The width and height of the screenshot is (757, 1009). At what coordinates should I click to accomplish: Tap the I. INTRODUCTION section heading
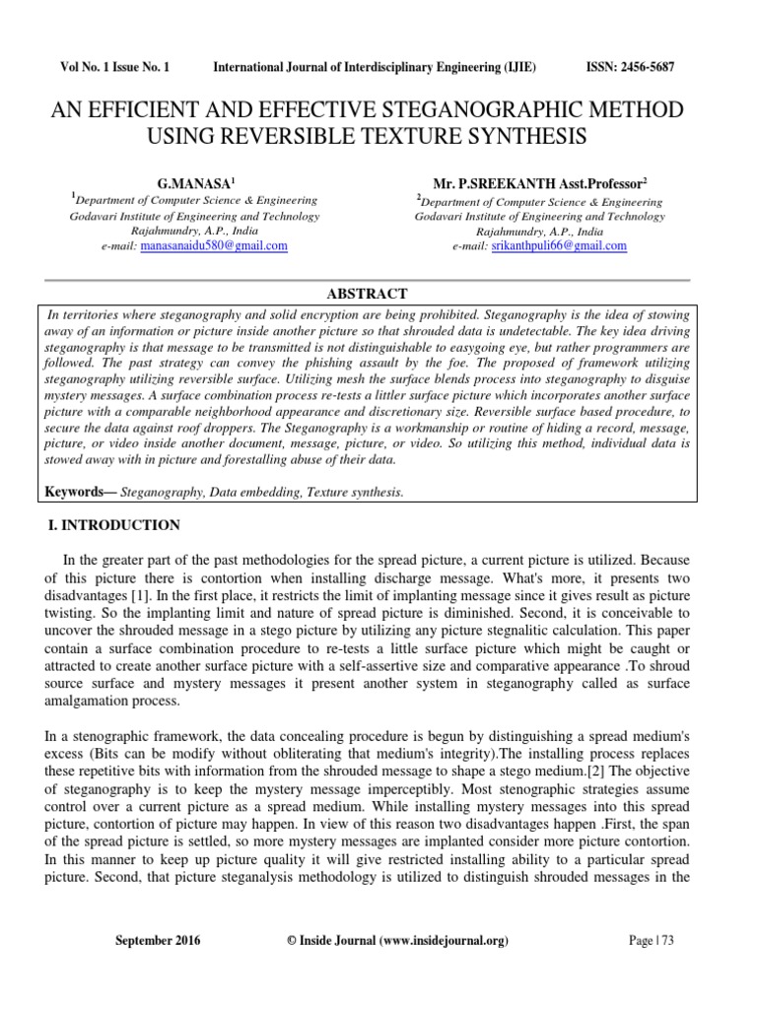[x=114, y=525]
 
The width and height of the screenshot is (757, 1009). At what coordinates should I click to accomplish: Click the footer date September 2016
[x=158, y=941]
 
